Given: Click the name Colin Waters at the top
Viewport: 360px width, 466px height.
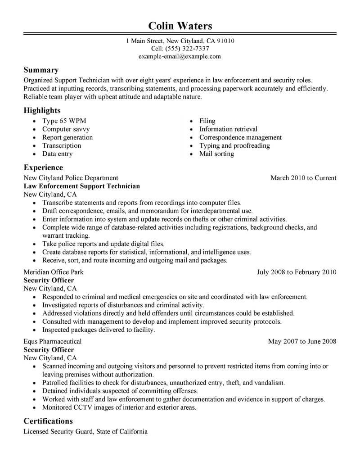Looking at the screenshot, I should [180, 25].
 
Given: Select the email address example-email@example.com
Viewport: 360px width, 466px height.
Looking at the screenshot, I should [180, 57].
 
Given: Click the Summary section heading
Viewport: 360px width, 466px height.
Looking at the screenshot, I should [41, 70].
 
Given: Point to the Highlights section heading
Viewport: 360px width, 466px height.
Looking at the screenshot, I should [42, 110].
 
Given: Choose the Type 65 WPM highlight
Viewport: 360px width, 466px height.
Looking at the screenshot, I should [64, 121].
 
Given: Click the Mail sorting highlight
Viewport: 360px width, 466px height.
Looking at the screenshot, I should [216, 154].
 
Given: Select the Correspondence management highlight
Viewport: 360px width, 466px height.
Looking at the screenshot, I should [240, 137].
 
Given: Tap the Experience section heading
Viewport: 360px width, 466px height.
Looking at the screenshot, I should [43, 167].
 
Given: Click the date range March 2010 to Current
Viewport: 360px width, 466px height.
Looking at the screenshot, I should [303, 178].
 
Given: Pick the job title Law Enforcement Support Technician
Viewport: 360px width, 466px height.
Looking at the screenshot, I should [81, 186].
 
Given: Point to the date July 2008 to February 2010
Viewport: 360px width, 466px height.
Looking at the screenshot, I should [296, 272].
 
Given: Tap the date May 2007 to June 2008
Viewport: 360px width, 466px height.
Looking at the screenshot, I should [302, 341].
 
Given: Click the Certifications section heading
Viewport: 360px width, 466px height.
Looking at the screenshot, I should [48, 421].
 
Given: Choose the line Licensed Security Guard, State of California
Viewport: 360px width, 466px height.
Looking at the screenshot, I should [85, 432].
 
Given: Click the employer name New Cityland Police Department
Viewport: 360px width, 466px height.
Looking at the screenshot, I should [71, 178].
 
